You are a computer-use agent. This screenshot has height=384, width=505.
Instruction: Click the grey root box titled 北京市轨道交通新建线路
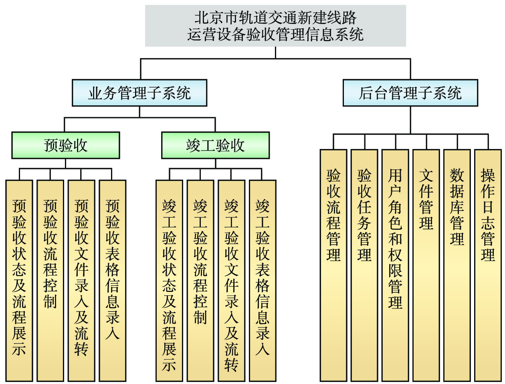click(x=275, y=26)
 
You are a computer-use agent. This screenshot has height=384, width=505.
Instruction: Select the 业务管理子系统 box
click(x=139, y=93)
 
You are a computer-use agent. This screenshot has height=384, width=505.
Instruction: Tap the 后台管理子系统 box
click(x=410, y=93)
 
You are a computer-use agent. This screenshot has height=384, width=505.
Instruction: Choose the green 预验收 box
click(x=66, y=145)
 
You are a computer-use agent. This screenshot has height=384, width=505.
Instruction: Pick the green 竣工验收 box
click(x=215, y=145)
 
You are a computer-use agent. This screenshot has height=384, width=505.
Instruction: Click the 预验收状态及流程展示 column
click(x=19, y=280)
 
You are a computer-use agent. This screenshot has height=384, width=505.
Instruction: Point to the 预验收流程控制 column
click(x=50, y=280)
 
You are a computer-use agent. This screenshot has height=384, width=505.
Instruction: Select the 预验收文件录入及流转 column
click(x=81, y=280)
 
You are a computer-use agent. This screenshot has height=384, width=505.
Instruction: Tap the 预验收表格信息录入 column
click(x=112, y=280)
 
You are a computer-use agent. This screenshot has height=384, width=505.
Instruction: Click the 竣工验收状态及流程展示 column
click(x=169, y=280)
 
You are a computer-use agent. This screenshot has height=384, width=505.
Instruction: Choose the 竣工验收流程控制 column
click(x=200, y=280)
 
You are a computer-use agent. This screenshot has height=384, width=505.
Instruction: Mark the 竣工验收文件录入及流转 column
click(x=231, y=280)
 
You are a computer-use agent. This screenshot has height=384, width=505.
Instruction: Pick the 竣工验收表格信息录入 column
click(x=263, y=280)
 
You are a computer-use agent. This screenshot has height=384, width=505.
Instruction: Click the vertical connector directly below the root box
click(x=275, y=52)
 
